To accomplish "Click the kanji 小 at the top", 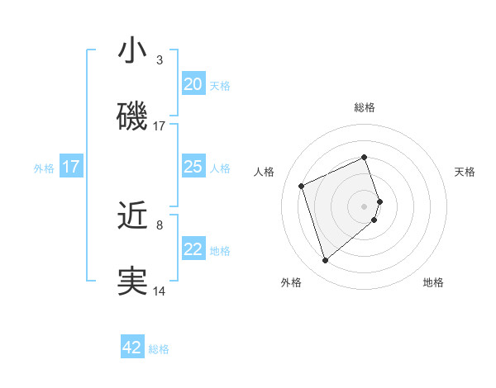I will (132, 51).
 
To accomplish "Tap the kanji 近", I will (132, 216).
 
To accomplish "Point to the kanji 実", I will (132, 282).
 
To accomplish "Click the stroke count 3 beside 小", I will (160, 60).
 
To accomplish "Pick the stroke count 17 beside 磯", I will (160, 126).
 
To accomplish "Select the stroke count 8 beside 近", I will (160, 225).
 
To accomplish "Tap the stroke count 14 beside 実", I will (160, 291).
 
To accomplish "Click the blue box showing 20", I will (193, 83).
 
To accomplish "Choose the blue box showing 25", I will (193, 167).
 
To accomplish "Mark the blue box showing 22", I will (193, 249).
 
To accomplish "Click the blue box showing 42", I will (132, 348).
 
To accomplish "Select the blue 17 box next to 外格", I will (71, 167).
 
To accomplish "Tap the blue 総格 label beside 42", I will (159, 349).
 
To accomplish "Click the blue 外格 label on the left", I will (44, 168).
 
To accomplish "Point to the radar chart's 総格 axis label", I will (365, 107).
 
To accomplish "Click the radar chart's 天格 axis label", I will (465, 172).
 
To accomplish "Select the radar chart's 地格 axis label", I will (433, 282).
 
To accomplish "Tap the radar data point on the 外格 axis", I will (325, 261).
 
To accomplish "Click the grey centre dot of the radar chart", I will (365, 206).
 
